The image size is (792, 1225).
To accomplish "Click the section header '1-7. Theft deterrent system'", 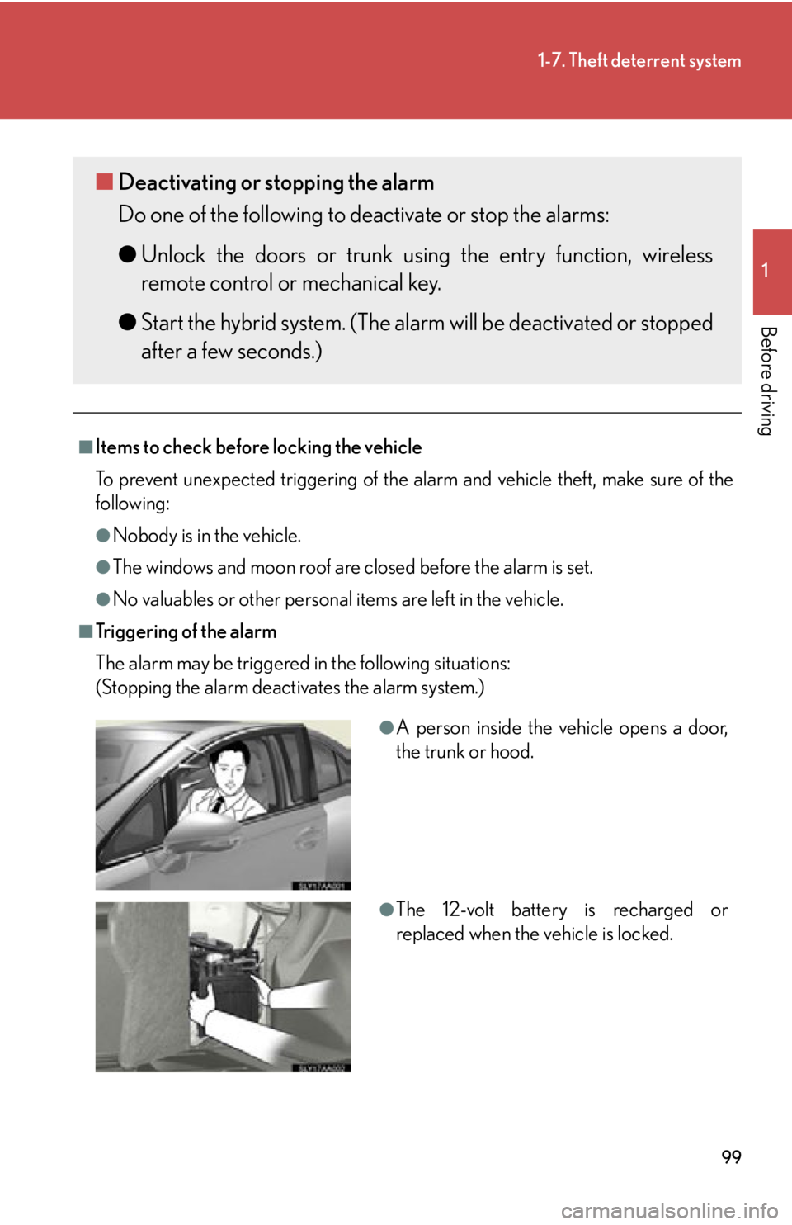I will point(639,61).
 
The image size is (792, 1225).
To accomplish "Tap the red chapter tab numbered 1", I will point(771,272).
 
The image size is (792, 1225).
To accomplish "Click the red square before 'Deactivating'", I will point(104,182).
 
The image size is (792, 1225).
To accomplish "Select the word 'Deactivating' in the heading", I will point(177,182).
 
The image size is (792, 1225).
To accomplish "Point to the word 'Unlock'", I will point(173,255).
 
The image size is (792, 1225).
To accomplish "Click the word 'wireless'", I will point(676,255).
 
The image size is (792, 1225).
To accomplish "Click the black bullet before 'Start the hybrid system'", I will point(127,322).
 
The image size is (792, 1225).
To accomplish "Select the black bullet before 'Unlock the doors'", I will point(127,254).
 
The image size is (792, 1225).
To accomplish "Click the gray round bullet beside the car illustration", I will point(387,727).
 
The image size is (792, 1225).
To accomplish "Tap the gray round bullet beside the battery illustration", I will point(387,910).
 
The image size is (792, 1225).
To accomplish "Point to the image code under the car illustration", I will point(321,887).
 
